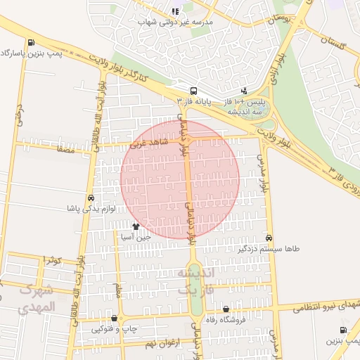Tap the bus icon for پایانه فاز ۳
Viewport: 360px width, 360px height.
193,90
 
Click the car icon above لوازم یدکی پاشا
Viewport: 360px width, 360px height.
90,198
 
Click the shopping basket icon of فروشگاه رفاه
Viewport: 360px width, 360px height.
226,309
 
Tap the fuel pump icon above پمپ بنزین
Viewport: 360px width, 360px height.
343,330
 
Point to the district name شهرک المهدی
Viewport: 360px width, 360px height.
35,299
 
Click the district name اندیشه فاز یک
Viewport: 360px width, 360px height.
194,280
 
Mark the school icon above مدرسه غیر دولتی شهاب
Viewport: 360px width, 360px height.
175,11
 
